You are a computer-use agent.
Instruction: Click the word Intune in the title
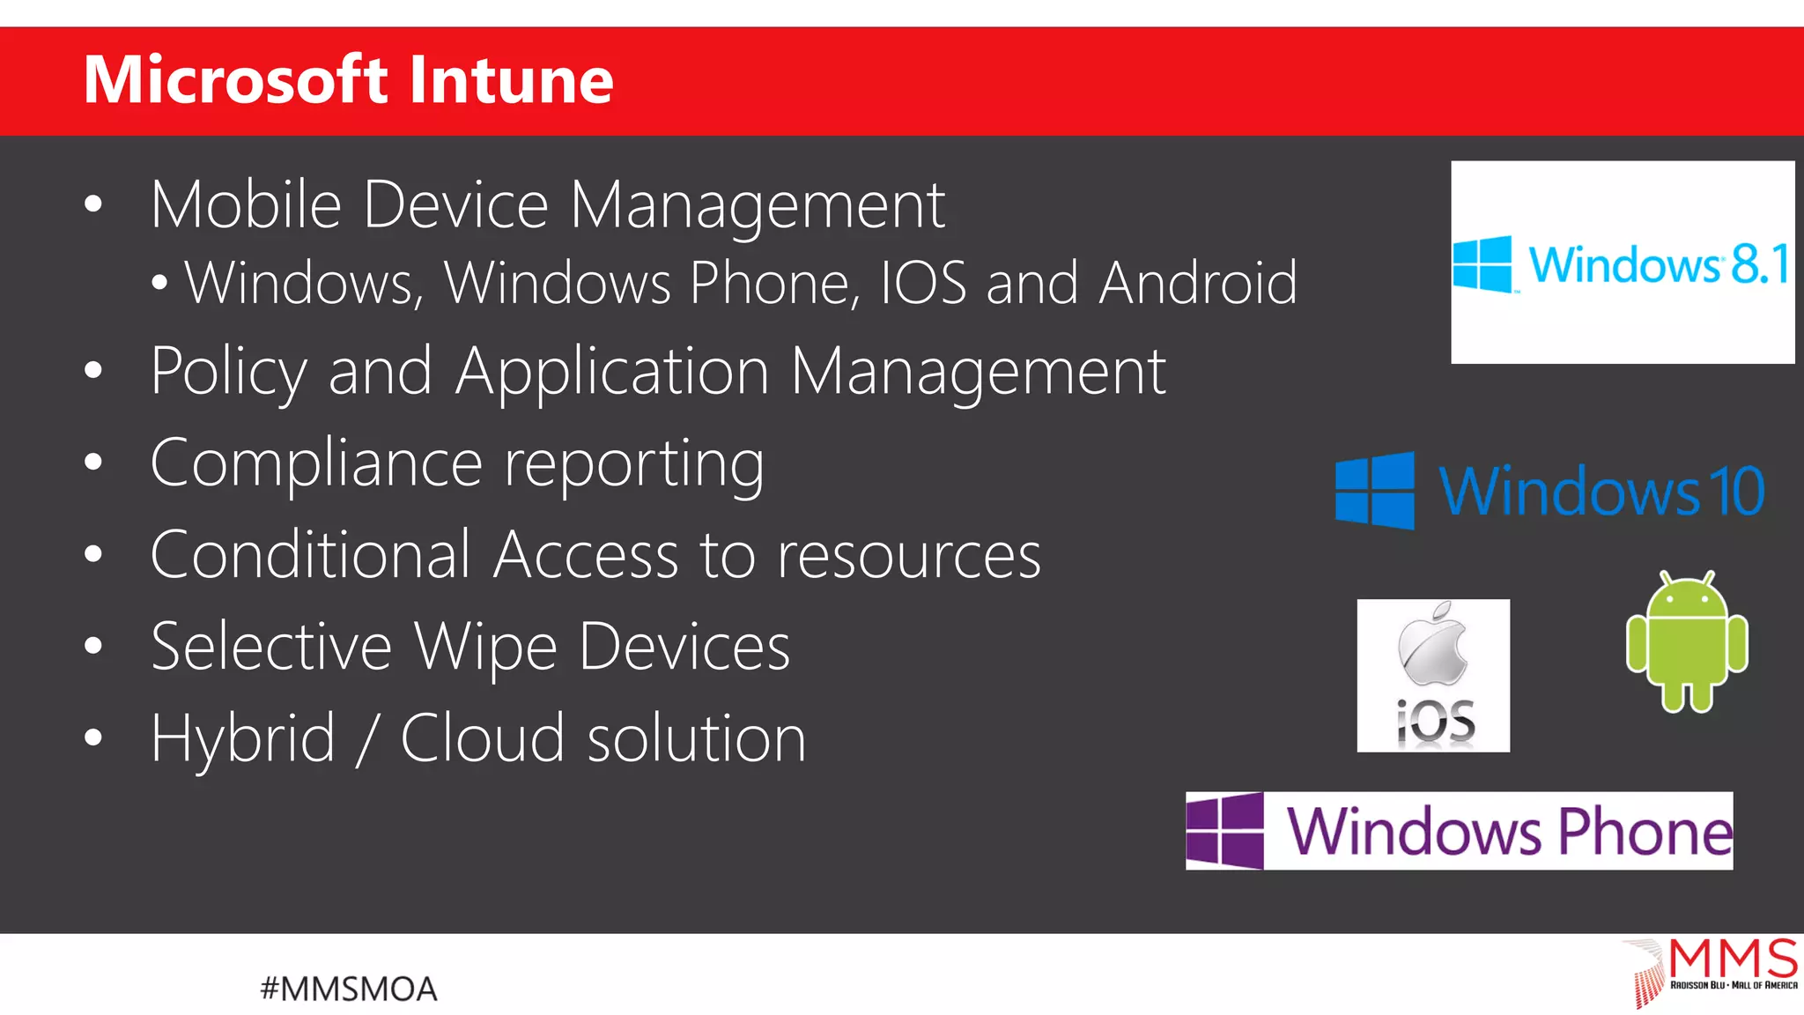point(511,80)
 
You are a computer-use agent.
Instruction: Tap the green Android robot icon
point(1687,642)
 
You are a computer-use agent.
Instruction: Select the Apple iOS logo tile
point(1433,675)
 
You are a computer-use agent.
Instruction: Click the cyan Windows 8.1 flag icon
point(1482,263)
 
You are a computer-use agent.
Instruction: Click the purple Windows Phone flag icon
point(1224,830)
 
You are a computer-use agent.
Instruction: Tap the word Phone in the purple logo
point(1645,831)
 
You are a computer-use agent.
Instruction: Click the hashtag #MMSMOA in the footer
point(349,989)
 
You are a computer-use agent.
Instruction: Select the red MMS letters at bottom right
point(1733,959)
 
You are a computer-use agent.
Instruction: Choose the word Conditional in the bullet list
point(311,555)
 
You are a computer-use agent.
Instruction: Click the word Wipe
point(485,647)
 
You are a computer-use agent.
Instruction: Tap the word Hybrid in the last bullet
point(243,738)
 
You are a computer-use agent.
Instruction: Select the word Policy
point(228,372)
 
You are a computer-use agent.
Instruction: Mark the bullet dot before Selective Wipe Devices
point(93,646)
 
